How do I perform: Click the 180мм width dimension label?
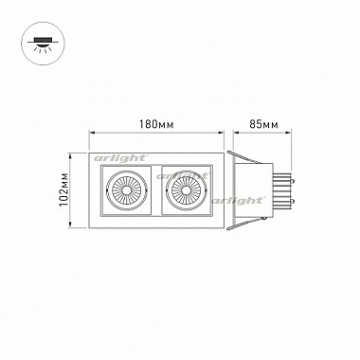pos(156,124)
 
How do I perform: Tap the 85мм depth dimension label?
pos(263,124)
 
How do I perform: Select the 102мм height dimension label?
pos(64,189)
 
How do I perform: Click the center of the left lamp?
pos(126,190)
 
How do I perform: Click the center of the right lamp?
pos(187,190)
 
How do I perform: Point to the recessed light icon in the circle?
pos(43,45)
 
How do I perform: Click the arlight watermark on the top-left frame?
pos(120,158)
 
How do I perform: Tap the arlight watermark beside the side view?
pos(238,201)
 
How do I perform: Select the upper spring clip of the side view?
pos(244,157)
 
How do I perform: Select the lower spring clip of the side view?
pos(244,224)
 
